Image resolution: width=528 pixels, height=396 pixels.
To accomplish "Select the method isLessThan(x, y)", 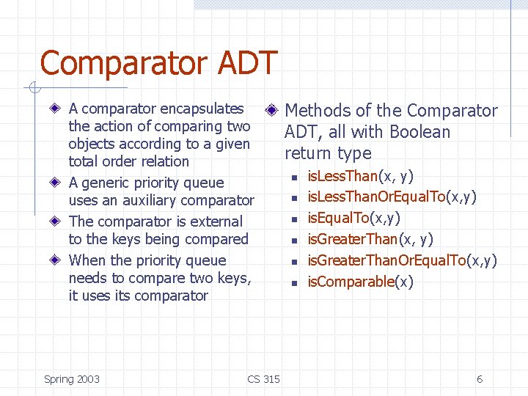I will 360,176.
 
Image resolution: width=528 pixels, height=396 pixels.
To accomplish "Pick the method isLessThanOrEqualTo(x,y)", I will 392,197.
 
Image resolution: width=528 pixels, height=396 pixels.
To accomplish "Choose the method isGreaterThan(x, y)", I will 370,240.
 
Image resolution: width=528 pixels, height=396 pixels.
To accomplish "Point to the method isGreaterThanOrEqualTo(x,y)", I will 402,260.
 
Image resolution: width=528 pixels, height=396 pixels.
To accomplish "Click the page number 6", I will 480,379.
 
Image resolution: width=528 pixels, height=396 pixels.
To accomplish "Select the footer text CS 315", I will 263,379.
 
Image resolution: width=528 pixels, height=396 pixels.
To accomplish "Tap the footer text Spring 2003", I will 72,379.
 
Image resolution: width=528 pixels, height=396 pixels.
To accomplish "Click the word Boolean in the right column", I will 420,132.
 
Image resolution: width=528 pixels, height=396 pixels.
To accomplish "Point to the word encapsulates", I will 202,109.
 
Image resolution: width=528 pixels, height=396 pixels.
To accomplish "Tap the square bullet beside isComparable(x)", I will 293,282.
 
